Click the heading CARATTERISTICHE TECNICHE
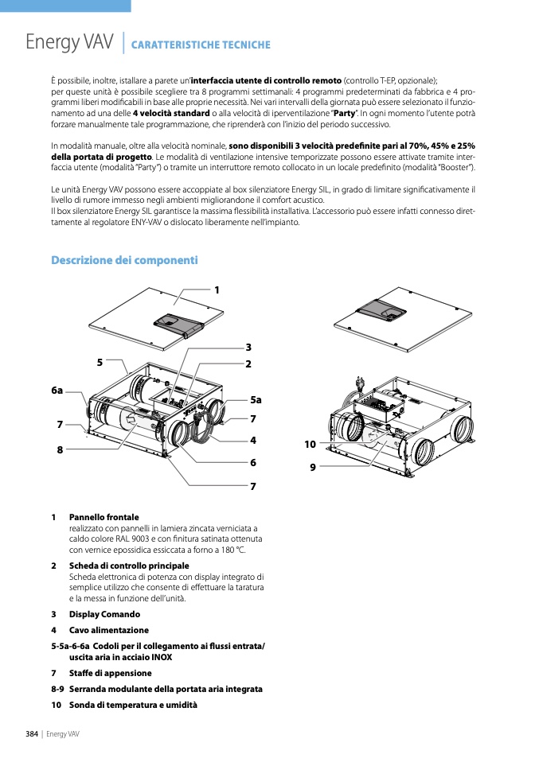[201, 45]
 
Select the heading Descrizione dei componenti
[124, 260]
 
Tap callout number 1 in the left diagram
[216, 290]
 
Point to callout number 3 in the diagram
[248, 348]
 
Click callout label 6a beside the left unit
[57, 391]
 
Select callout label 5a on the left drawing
[256, 400]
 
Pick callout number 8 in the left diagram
[60, 450]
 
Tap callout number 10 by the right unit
[310, 444]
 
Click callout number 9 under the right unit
[313, 468]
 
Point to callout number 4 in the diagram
[252, 440]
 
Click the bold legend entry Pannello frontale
[104, 517]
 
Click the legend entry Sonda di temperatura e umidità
[133, 705]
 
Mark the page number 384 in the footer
[32, 733]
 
